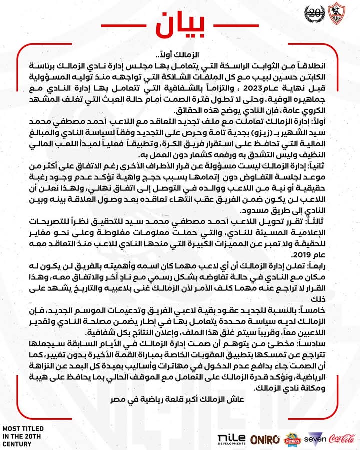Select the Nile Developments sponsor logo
(232, 439)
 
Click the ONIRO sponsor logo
(265, 439)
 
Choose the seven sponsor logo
(317, 438)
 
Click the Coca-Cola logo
(343, 438)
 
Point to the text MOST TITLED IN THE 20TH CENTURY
(23, 436)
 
